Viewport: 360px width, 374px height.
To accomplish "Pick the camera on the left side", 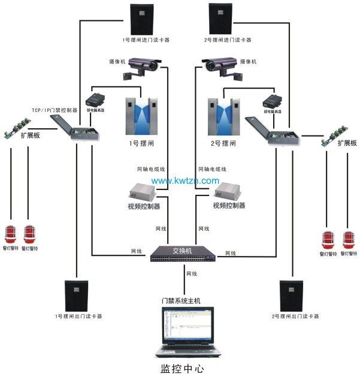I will tap(143, 66).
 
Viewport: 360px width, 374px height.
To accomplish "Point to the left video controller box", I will tap(141, 192).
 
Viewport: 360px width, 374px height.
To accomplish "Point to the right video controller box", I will tap(227, 192).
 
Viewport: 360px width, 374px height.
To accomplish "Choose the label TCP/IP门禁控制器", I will tap(55, 110).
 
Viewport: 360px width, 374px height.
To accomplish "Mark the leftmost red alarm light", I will tap(11, 234).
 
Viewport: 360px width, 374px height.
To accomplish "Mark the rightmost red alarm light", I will tap(350, 239).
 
